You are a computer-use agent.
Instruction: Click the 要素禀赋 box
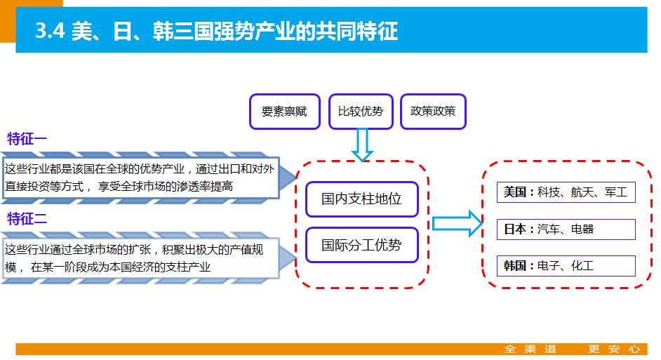(x=284, y=112)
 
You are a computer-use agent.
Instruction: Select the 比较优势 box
(x=361, y=112)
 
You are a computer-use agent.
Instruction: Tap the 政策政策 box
(x=433, y=112)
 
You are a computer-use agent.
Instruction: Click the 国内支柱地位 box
(x=361, y=199)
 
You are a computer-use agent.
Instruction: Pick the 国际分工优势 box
(x=361, y=245)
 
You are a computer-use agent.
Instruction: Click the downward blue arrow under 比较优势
(x=362, y=145)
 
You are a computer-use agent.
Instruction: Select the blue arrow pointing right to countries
(x=456, y=223)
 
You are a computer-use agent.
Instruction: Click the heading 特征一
(x=27, y=138)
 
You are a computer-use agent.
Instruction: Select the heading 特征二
(x=27, y=218)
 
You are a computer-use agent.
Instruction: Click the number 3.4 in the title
(x=48, y=32)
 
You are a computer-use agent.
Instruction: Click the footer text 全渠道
(x=530, y=349)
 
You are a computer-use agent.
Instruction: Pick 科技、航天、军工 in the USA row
(x=582, y=192)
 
